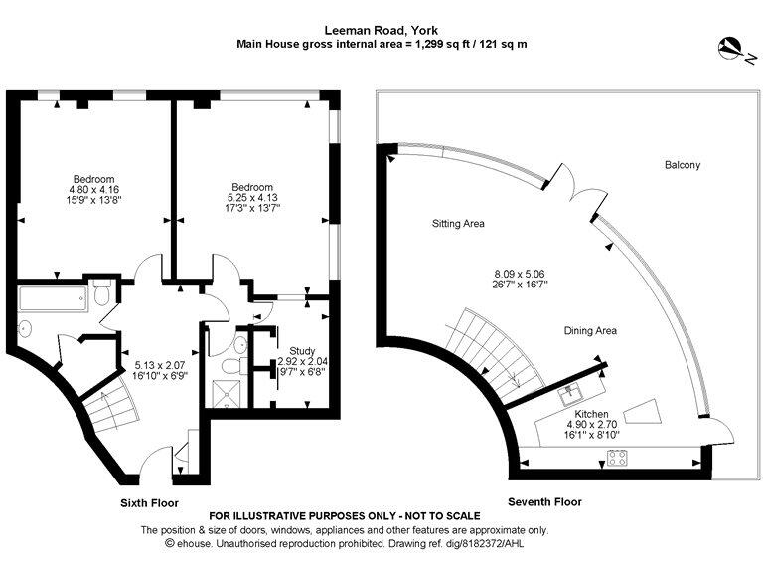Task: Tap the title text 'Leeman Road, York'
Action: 381,30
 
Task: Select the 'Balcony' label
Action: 682,165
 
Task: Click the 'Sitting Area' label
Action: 458,224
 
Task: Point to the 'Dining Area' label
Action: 590,330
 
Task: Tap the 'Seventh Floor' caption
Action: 544,502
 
